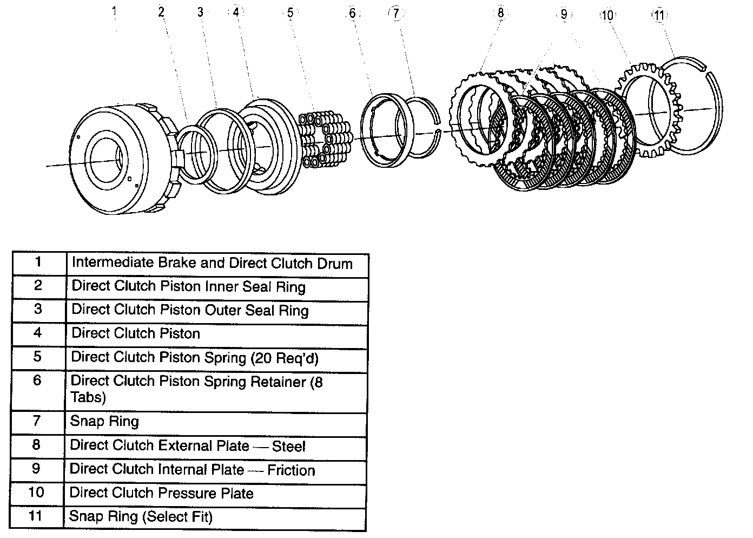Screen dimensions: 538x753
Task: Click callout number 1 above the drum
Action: (114, 12)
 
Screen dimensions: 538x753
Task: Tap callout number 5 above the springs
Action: (290, 12)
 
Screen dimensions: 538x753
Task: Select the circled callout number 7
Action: (396, 14)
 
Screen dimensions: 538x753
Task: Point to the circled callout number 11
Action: (658, 15)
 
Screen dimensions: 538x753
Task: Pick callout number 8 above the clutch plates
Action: (500, 12)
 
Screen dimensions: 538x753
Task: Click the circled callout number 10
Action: (607, 15)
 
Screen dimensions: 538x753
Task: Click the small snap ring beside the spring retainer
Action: (427, 128)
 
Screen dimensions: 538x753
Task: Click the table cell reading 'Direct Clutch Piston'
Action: (136, 333)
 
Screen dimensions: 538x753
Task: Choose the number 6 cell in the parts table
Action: (37, 380)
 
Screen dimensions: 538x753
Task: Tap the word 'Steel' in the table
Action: (288, 447)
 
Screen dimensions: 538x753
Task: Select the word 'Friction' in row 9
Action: (291, 470)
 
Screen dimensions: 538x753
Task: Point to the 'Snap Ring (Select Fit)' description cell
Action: (141, 517)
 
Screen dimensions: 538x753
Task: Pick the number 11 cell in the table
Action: (35, 516)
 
